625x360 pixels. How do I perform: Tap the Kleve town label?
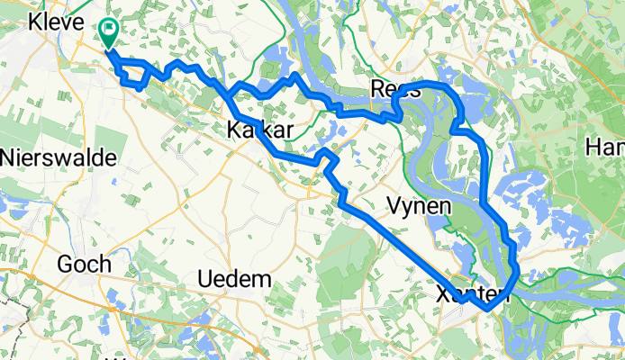(x=56, y=23)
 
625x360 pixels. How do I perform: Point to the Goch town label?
(x=83, y=264)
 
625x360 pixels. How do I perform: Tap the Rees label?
(x=396, y=90)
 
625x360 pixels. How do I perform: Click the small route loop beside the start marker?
(x=132, y=76)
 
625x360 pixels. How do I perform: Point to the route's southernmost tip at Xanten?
(x=487, y=308)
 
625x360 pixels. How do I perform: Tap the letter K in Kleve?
(x=36, y=23)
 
